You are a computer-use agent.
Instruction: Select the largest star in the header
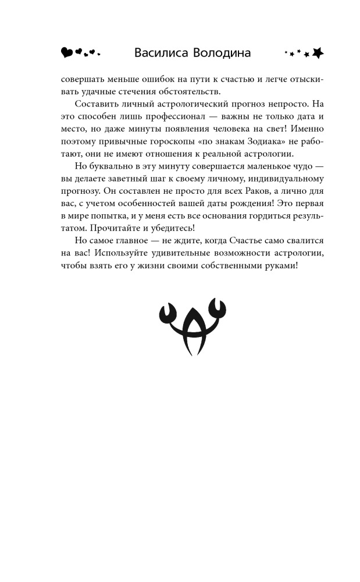click(x=317, y=53)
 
